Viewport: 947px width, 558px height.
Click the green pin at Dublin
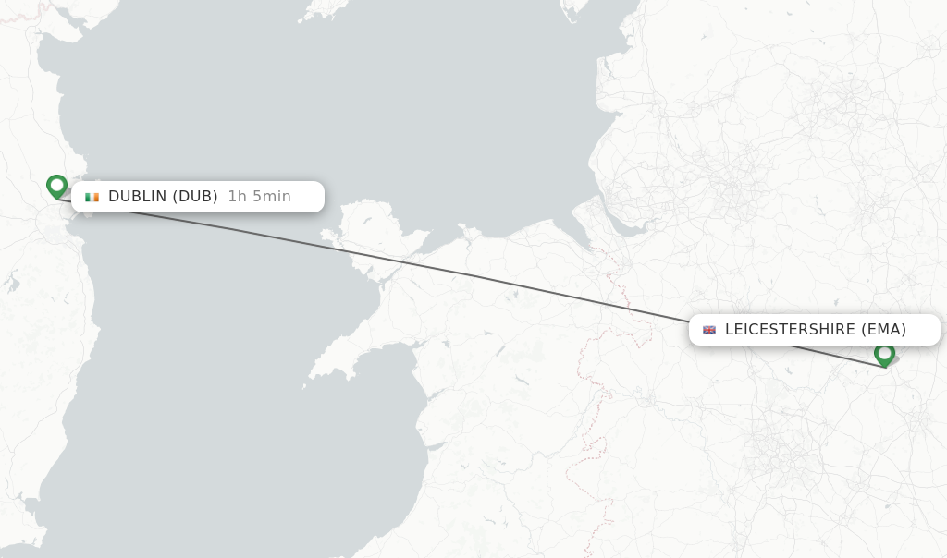click(x=57, y=186)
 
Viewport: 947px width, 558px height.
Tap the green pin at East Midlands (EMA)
click(x=884, y=354)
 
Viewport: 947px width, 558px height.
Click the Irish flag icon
click(x=92, y=197)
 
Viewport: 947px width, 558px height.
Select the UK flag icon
click(x=709, y=330)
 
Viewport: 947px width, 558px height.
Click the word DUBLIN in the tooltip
click(x=137, y=196)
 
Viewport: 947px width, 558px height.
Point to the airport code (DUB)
click(x=195, y=196)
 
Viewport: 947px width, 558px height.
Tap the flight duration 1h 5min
click(x=259, y=196)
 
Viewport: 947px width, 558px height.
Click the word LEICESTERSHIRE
click(x=790, y=329)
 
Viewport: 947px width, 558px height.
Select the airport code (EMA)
click(x=883, y=329)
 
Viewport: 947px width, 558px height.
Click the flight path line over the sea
click(x=231, y=230)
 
